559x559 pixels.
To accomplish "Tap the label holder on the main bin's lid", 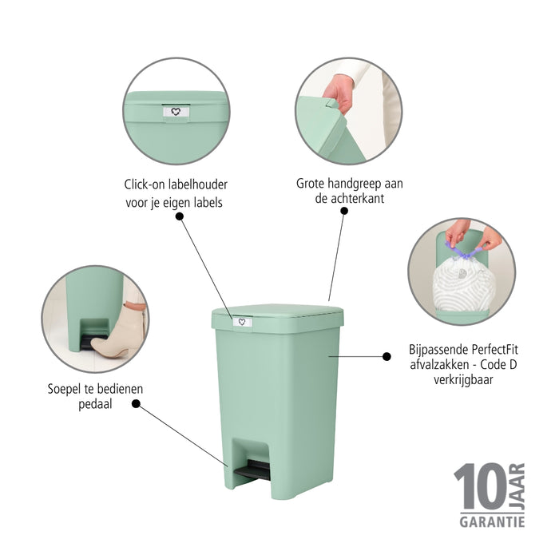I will pos(242,322).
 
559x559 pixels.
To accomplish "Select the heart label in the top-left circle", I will pos(176,112).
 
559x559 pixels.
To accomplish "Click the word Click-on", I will pos(146,184).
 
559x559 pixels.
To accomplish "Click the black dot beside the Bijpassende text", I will pos(387,356).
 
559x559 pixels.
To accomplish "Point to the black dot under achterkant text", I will pos(344,211).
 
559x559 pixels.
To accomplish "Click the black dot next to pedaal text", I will pos(136,404).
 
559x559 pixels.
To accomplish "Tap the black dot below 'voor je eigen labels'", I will pos(177,215).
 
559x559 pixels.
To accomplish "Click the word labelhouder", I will pos(196,184).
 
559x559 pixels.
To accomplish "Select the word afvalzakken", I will pos(438,365).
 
